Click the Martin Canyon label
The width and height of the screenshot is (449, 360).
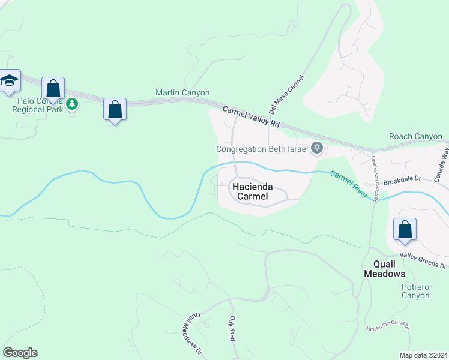pyautogui.click(x=182, y=93)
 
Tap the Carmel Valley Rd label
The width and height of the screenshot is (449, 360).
pyautogui.click(x=251, y=116)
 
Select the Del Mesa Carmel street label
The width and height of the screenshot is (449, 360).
pyautogui.click(x=287, y=94)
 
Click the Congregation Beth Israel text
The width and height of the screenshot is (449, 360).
pyautogui.click(x=262, y=149)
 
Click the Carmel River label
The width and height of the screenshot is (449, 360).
pyautogui.click(x=349, y=184)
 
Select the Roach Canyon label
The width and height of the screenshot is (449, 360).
pyautogui.click(x=415, y=137)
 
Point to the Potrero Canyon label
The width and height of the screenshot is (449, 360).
pyautogui.click(x=415, y=291)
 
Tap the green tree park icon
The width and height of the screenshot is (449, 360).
pyautogui.click(x=73, y=104)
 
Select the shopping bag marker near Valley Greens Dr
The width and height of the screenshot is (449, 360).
pyautogui.click(x=405, y=230)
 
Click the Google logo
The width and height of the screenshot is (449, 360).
pyautogui.click(x=20, y=353)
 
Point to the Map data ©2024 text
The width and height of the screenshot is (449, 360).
pyautogui.click(x=423, y=355)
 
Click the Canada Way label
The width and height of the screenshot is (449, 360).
pyautogui.click(x=445, y=159)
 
